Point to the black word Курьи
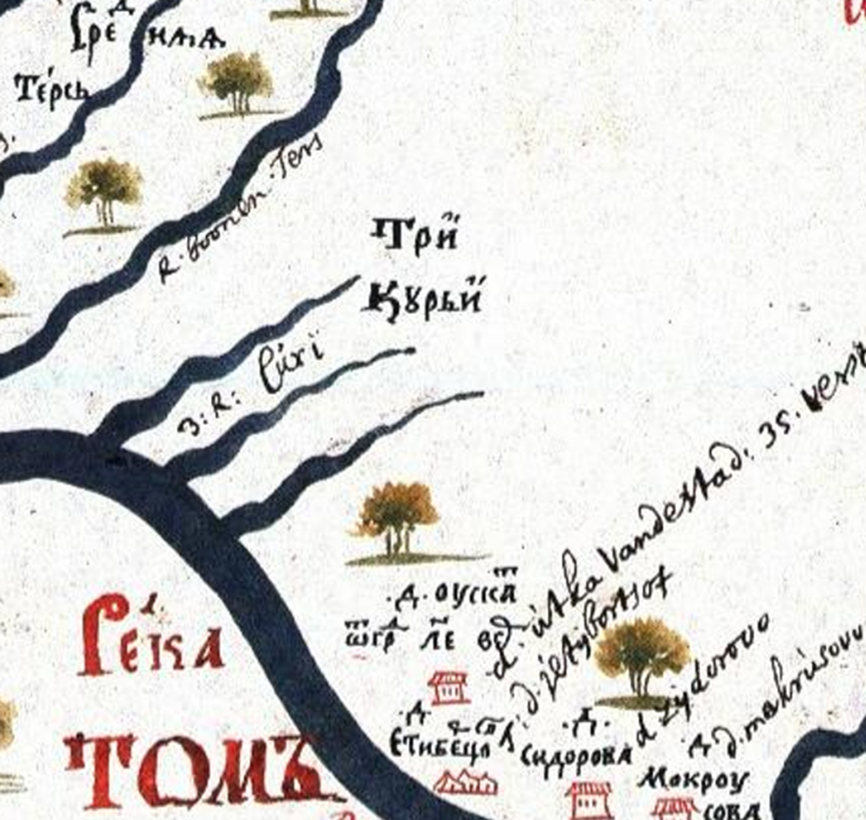click(421, 298)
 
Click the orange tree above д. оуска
click(398, 518)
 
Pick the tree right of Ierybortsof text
click(643, 655)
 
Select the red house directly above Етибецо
click(448, 687)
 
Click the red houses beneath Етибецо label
click(464, 782)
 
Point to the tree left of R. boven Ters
click(103, 190)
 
